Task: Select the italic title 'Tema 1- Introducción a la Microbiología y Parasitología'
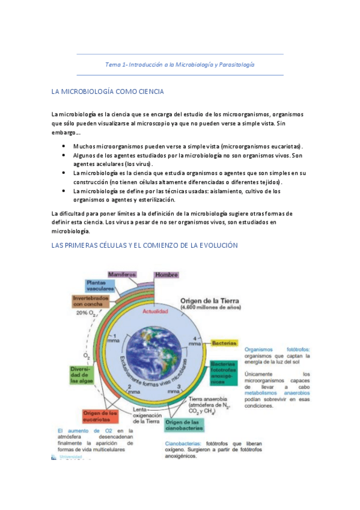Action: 180,64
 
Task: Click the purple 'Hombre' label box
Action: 166,275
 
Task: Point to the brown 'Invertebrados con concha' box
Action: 90,300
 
